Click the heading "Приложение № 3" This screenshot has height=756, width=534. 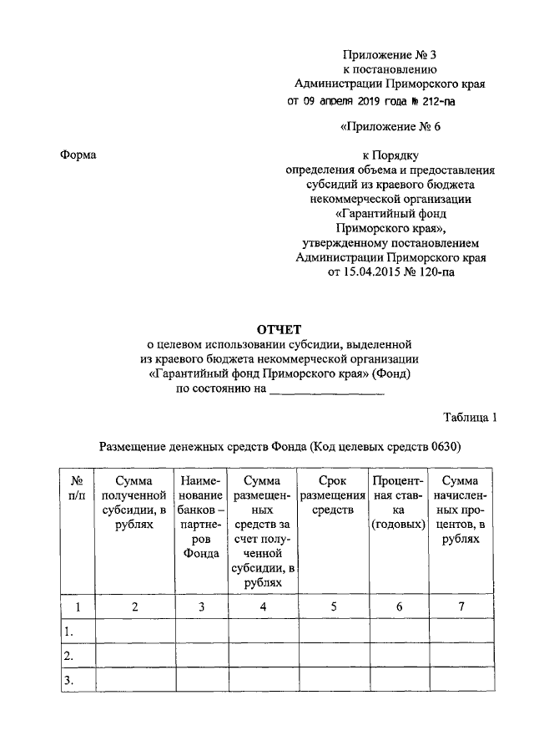390,55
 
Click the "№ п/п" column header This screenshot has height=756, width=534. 77,488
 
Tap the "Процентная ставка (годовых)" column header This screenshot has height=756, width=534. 399,503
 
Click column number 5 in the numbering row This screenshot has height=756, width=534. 333,606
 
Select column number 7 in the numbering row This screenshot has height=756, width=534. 461,606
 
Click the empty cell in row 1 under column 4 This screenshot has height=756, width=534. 263,632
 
